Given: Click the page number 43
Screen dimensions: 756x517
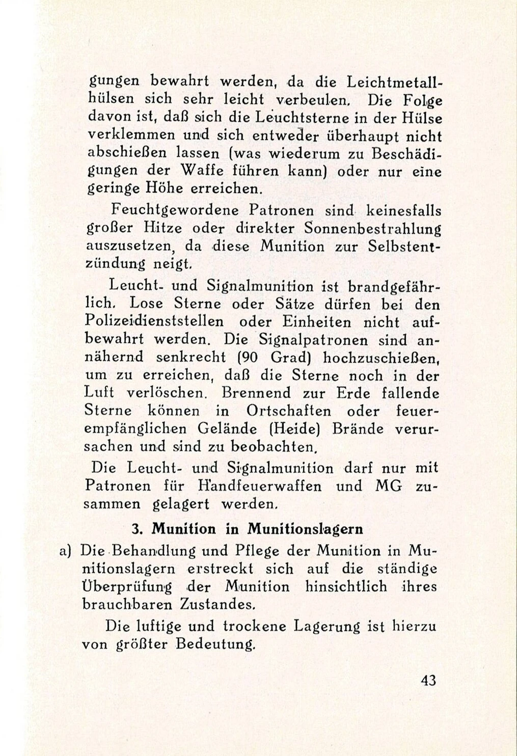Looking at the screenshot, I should tap(429, 681).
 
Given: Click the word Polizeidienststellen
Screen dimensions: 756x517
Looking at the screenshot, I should tap(154, 322).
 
